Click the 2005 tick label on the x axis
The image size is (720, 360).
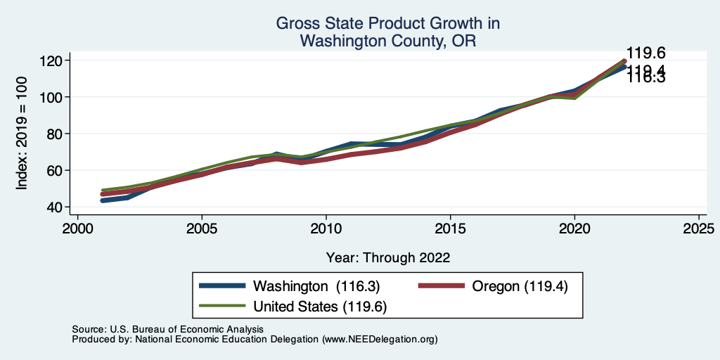click(202, 229)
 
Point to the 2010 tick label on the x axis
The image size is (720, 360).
click(326, 229)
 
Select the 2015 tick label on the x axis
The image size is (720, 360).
click(450, 229)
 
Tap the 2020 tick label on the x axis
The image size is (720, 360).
click(574, 229)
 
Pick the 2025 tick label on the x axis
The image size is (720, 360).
click(698, 229)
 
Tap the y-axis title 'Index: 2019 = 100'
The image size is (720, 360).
click(22, 134)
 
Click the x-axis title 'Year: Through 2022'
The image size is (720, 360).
click(388, 257)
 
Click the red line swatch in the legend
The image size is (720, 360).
click(441, 286)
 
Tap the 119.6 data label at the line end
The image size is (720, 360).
click(645, 53)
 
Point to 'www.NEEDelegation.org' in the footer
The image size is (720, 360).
click(380, 340)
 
